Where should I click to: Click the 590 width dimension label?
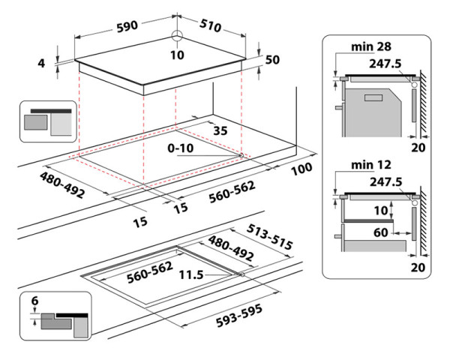pos(125,26)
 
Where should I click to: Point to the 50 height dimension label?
pos(271,60)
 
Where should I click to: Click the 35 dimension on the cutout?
pos(220,130)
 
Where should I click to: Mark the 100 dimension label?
pos(301,169)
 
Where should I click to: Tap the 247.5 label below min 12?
pos(385,181)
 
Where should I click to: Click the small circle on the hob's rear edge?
pos(177,36)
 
